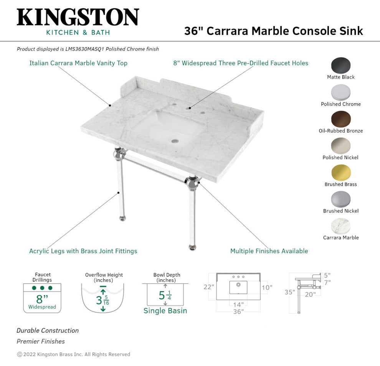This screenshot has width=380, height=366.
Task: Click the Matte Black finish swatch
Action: (341, 66)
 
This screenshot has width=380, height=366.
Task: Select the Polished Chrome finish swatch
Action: (341, 92)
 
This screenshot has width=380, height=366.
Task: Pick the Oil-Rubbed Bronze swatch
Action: (341, 119)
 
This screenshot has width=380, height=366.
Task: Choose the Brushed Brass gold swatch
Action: (341, 173)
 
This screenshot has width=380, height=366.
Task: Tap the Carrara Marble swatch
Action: (341, 226)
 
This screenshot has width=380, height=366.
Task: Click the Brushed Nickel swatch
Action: (341, 199)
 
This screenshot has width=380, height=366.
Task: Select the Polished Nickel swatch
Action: (341, 146)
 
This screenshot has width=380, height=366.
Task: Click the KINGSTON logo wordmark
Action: (78, 18)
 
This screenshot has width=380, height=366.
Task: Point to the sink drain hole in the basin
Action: (175, 141)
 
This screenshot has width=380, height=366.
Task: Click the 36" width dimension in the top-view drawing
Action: (238, 312)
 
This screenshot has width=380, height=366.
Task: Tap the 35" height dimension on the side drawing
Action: (290, 292)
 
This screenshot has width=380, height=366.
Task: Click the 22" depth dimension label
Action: (209, 287)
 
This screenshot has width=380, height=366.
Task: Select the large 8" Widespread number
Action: (42, 299)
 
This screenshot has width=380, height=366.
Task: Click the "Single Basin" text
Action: (165, 311)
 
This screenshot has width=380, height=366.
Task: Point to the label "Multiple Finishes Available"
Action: (269, 251)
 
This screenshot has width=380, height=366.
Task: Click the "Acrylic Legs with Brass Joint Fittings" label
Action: (83, 251)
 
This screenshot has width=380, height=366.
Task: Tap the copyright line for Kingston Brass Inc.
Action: (73, 354)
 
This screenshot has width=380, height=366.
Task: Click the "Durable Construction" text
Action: (48, 330)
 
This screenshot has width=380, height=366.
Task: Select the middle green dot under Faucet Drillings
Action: (42, 288)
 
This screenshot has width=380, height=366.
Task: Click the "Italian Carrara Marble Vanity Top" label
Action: (78, 63)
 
